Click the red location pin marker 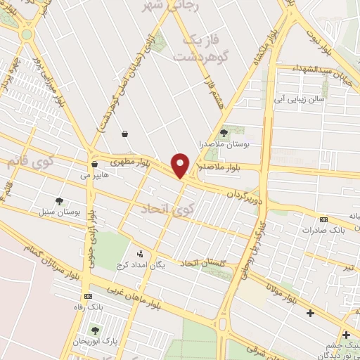[181, 165]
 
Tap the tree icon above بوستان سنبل [59, 200]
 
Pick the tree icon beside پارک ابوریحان [95, 330]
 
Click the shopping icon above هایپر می [94, 164]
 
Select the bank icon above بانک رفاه [88, 296]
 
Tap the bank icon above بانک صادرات [323, 219]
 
